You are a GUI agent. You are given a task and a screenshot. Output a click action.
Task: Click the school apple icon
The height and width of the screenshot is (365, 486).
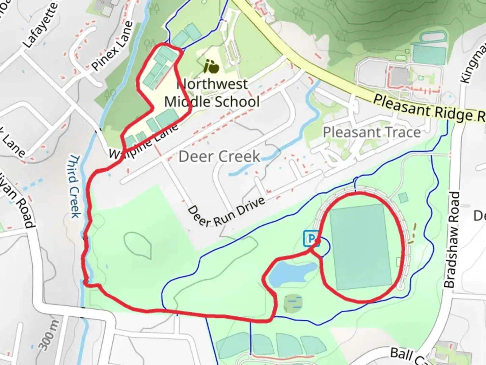(x=211, y=67)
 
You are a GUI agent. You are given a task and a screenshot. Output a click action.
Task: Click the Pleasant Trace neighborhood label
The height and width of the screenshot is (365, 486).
(x=372, y=132)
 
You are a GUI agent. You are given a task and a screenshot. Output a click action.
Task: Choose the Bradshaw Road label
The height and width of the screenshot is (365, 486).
(x=452, y=240)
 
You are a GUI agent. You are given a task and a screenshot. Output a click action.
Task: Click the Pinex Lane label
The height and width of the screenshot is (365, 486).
(x=111, y=46)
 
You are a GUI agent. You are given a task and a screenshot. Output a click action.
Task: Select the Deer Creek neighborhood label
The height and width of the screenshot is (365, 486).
(x=219, y=156)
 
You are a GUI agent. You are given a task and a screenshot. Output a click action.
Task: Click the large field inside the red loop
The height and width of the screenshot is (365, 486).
(x=360, y=247)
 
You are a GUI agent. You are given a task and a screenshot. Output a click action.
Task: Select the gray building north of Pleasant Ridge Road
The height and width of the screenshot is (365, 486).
(x=400, y=76)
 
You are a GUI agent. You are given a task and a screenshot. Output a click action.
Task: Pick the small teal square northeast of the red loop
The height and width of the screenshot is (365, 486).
(x=403, y=198)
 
